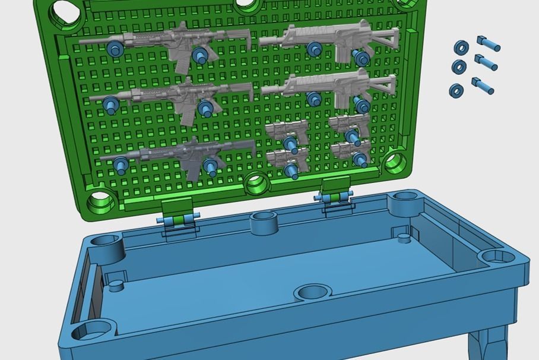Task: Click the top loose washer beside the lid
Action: (x=461, y=48)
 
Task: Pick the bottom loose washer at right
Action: (x=456, y=90)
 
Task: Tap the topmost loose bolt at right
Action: (x=488, y=43)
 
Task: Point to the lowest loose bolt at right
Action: (x=482, y=86)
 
